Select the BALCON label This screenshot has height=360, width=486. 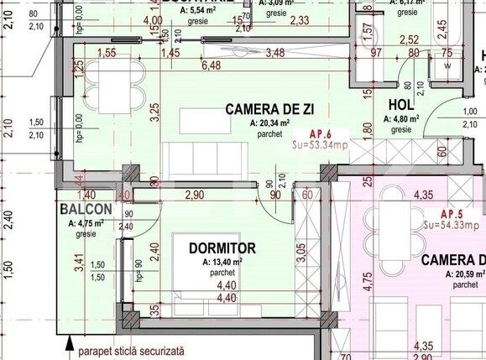(86, 208)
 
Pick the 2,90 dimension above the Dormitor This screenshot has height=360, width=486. (194, 195)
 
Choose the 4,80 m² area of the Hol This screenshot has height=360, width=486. (397, 119)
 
